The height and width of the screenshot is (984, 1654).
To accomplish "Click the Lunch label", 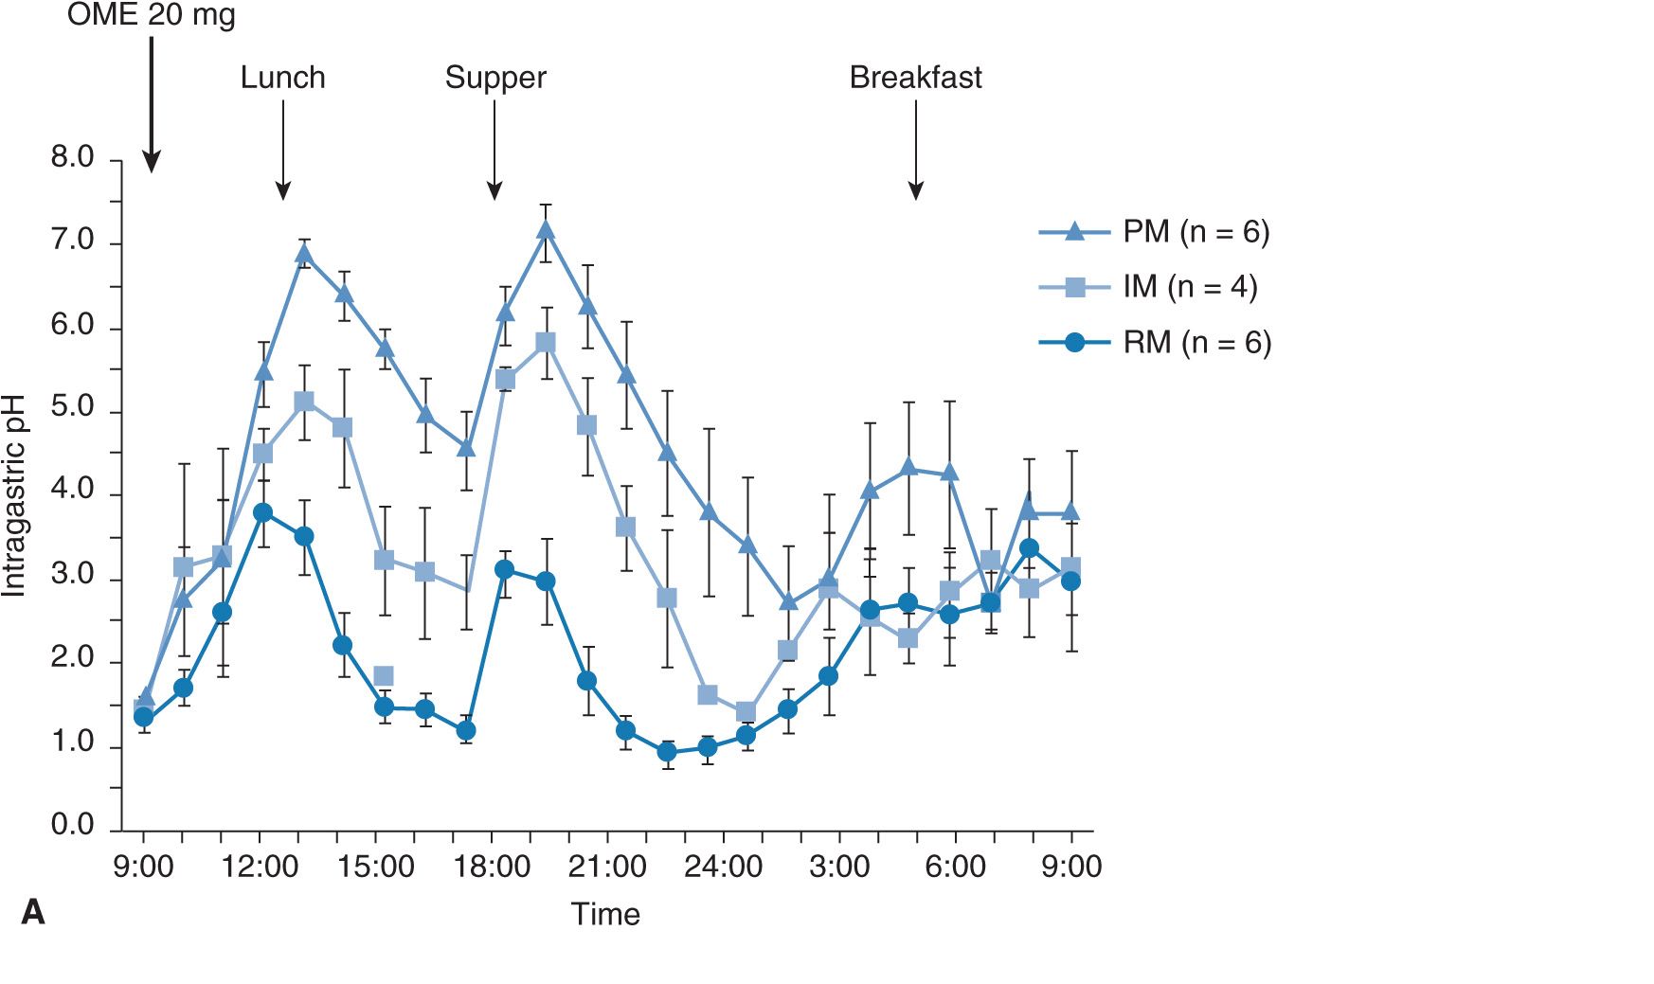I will coord(282,78).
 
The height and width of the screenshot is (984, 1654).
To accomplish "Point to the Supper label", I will coord(495,78).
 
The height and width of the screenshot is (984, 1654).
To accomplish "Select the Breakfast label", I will coord(915,78).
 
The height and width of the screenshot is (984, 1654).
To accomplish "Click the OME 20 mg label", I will coord(152,15).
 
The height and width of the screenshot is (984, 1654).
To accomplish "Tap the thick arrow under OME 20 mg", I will coord(152,104).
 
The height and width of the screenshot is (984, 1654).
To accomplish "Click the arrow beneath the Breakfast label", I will coord(916,152).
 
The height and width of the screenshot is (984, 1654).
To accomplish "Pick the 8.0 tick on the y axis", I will coord(73,158).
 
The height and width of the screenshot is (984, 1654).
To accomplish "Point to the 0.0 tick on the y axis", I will coord(73,825).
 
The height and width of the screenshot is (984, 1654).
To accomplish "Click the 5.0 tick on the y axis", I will coord(73,408).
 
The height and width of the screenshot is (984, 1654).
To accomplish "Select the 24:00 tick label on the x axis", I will coord(723,867).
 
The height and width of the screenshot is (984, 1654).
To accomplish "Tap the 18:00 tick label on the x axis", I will coord(492,867).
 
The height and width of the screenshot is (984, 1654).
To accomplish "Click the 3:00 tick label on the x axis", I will coord(839,867).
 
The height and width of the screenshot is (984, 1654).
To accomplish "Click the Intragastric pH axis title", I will coord(14,495).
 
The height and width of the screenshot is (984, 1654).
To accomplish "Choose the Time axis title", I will coord(605,915).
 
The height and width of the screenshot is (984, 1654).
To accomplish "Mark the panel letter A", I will coord(32,913).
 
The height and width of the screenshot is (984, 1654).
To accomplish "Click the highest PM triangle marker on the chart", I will coord(545,230).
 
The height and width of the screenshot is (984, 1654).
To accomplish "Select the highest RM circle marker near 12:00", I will coord(263,512).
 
